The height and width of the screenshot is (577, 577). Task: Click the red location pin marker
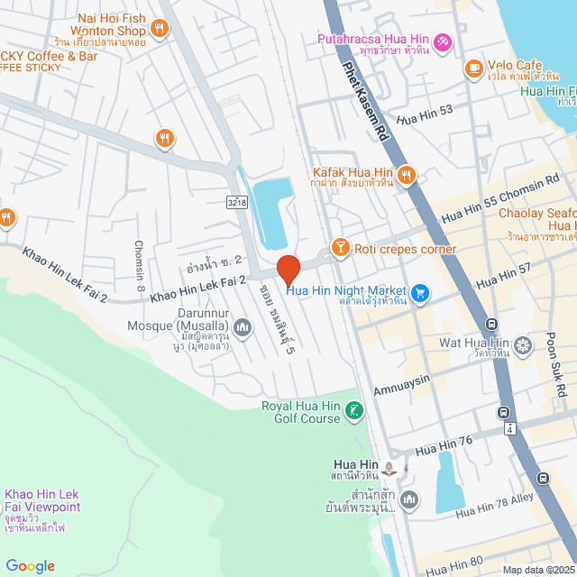pyautogui.click(x=288, y=269)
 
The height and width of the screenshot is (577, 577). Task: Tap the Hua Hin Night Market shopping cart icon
pyautogui.click(x=419, y=292)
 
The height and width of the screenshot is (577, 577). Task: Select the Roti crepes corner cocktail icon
pyautogui.click(x=341, y=246)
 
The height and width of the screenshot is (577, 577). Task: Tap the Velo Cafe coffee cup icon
pyautogui.click(x=472, y=68)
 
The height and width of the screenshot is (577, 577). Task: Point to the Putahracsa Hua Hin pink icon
pyautogui.click(x=442, y=41)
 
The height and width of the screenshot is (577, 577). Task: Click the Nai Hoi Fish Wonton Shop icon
pyautogui.click(x=159, y=29)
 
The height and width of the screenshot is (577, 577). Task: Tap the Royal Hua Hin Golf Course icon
pyautogui.click(x=355, y=412)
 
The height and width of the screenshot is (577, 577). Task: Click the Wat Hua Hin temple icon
pyautogui.click(x=523, y=344)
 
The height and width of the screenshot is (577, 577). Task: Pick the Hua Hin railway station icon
pyautogui.click(x=389, y=468)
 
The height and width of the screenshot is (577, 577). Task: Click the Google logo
pyautogui.click(x=30, y=565)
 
